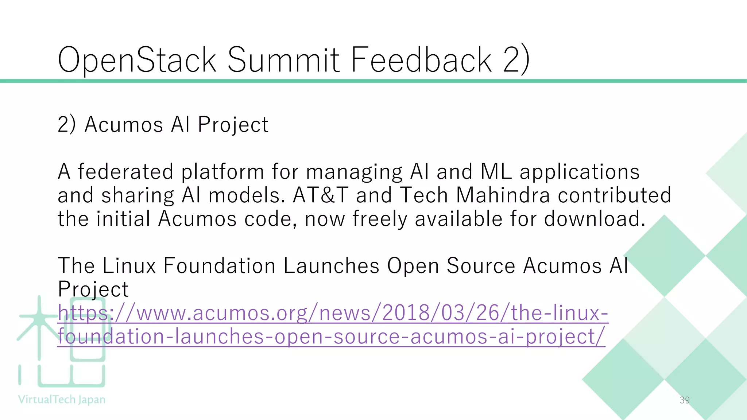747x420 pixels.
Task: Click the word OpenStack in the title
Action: [137, 60]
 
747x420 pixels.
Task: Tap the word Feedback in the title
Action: [421, 60]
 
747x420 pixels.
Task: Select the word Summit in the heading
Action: [284, 60]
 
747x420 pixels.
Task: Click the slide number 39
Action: [685, 400]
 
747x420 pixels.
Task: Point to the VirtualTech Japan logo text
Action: [62, 400]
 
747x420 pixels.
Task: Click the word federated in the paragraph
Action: [125, 172]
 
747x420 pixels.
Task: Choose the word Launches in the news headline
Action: [331, 265]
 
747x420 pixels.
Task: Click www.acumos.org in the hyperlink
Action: [221, 313]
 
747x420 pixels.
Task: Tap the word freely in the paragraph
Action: [379, 219]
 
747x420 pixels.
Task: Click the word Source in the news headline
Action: [480, 265]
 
